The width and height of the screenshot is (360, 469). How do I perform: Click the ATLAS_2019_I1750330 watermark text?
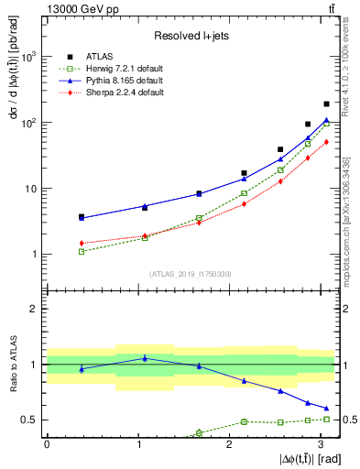point(190,273)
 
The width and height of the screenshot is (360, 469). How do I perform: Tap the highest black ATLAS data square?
point(327,104)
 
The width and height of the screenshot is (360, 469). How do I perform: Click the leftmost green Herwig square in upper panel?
point(82,251)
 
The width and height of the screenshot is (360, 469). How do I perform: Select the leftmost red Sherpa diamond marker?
point(82,243)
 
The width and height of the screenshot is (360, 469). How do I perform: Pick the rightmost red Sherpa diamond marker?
point(327,141)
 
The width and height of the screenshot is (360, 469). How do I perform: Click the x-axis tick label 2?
point(228,442)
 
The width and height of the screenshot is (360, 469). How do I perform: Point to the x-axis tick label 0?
point(47,442)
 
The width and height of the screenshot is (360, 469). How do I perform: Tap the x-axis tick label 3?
point(319,442)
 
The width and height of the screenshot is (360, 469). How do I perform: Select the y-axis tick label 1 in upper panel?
point(35,255)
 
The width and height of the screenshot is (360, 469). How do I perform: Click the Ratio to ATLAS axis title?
point(12,365)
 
